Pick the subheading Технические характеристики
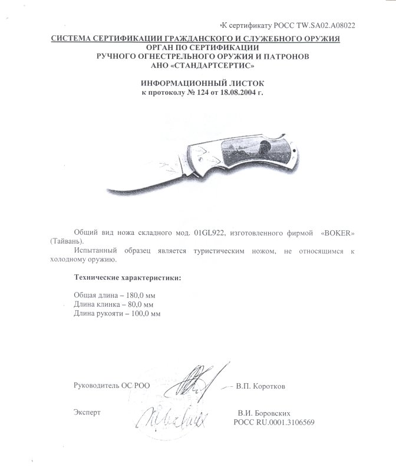pos(127,277)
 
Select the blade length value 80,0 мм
pos(136,304)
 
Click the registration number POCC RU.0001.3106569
pos(274,423)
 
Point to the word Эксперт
pos(87,414)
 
